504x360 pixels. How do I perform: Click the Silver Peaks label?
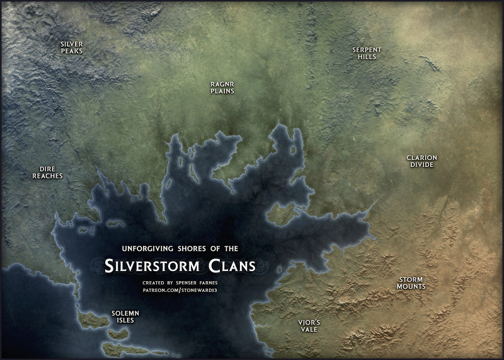(x=72, y=47)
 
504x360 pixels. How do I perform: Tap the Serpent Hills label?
(x=366, y=53)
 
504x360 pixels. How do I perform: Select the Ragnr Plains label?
(x=222, y=87)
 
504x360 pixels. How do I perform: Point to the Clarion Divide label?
(x=421, y=161)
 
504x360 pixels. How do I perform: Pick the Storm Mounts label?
(x=410, y=283)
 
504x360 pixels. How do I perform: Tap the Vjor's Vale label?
(x=309, y=325)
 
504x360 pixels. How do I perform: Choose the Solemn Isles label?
(x=125, y=316)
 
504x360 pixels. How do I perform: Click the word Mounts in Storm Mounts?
(x=411, y=287)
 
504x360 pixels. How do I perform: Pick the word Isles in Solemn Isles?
(x=125, y=320)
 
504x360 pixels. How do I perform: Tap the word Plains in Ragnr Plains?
(x=222, y=91)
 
